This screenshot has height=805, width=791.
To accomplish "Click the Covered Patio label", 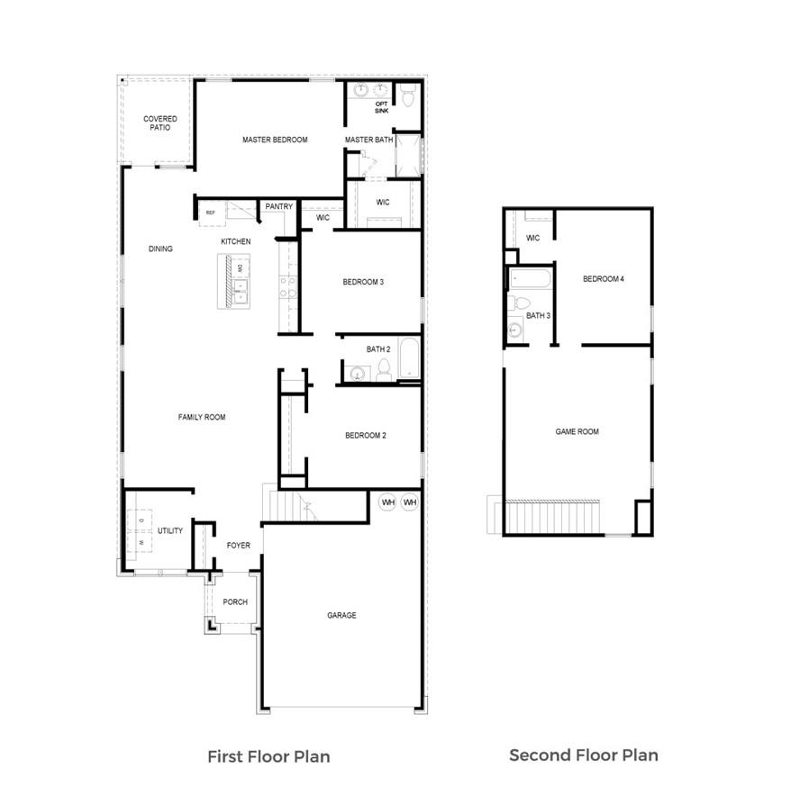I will pyautogui.click(x=159, y=123).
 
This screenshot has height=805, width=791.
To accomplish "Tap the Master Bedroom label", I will pyautogui.click(x=275, y=140).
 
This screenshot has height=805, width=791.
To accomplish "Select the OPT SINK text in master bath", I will pyautogui.click(x=381, y=107).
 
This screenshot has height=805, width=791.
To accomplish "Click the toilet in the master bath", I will pyautogui.click(x=407, y=95).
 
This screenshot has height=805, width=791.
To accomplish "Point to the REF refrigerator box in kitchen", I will pyautogui.click(x=211, y=213).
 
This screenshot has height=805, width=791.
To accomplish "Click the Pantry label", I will pyautogui.click(x=278, y=206).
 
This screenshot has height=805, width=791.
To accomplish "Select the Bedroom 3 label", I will pyautogui.click(x=363, y=282).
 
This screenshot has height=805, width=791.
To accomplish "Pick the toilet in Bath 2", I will pyautogui.click(x=383, y=369).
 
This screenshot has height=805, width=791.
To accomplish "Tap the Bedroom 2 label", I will pyautogui.click(x=365, y=436).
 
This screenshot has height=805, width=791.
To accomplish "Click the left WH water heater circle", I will pyautogui.click(x=387, y=502).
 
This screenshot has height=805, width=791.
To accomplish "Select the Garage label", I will pyautogui.click(x=341, y=616).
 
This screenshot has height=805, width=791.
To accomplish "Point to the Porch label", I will pyautogui.click(x=235, y=602).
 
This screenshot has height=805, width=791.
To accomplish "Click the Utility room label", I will pyautogui.click(x=170, y=531).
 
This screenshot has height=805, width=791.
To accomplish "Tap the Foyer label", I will pyautogui.click(x=238, y=546).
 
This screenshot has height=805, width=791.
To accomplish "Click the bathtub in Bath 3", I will pyautogui.click(x=529, y=278).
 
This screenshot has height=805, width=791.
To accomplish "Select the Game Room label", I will pyautogui.click(x=577, y=432).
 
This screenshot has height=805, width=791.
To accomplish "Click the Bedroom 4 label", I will pyautogui.click(x=603, y=279).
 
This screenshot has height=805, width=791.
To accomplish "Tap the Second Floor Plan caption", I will pyautogui.click(x=583, y=755).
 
